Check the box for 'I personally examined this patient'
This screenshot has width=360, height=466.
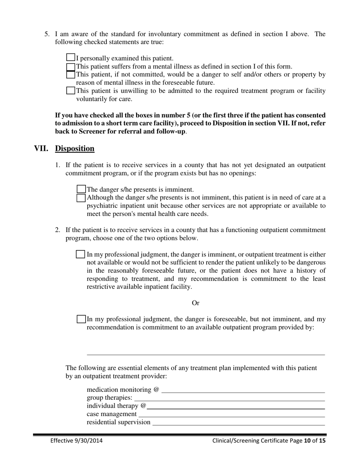[70, 58]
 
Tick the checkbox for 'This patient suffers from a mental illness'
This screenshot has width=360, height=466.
[70, 66]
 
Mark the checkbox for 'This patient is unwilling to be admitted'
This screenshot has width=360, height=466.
[70, 91]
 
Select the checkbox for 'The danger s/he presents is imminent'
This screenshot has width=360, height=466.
[81, 189]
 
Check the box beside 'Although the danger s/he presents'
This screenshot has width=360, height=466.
[81, 197]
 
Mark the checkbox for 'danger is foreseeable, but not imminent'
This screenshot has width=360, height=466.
[81, 319]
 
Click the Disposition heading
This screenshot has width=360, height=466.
[75, 149]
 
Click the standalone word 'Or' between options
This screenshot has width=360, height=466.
[196, 303]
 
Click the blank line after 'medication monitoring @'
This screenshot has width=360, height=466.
[243, 390]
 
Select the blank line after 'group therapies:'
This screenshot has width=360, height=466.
[229, 399]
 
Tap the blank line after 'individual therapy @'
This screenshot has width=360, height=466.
[236, 407]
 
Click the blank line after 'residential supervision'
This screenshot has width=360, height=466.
[238, 423]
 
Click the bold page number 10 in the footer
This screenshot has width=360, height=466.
[307, 441]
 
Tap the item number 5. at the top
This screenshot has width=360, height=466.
[47, 34]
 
